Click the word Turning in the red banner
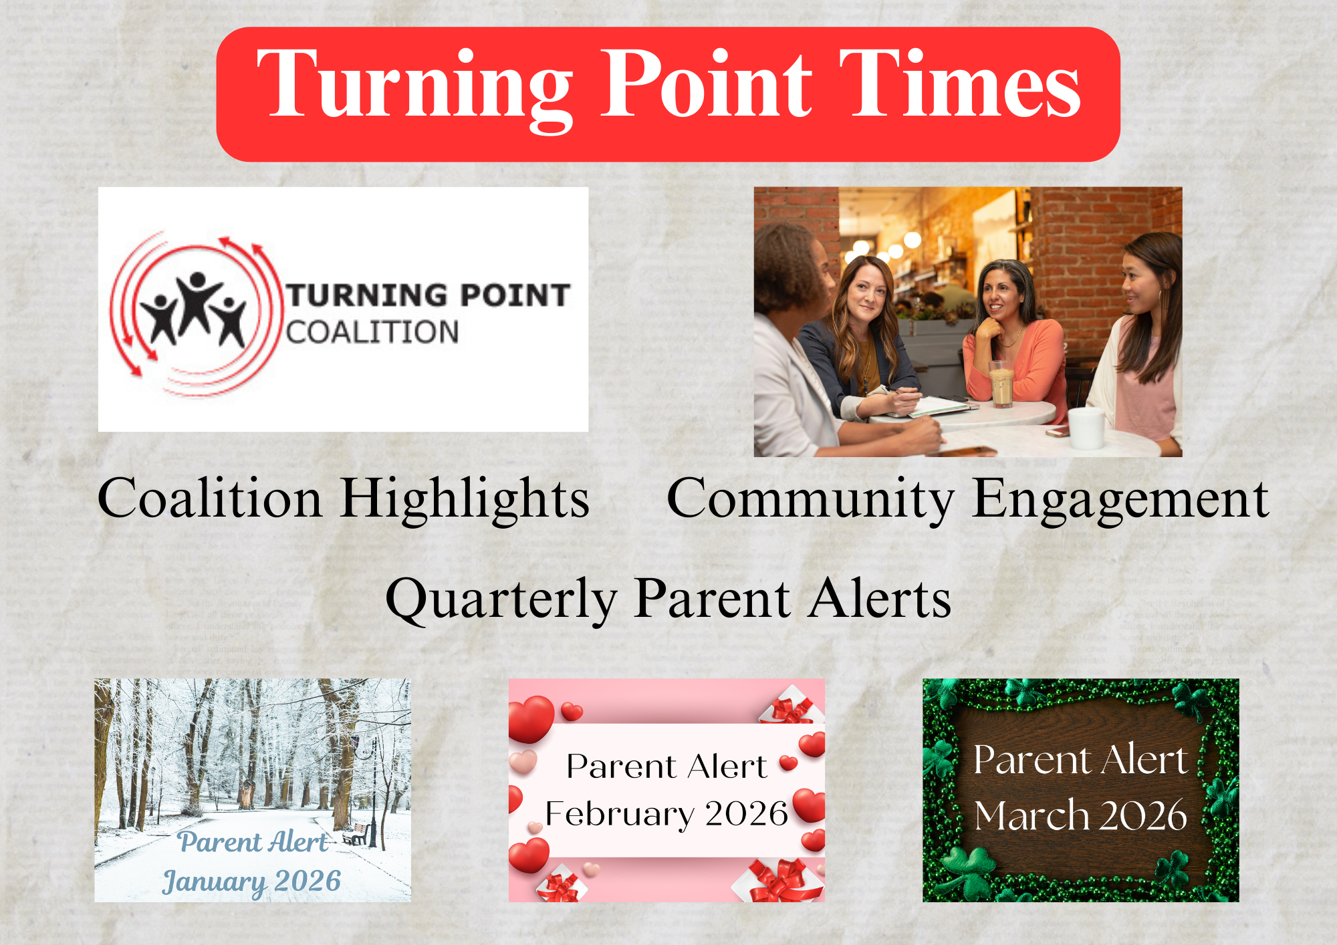(414, 88)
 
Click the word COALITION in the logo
(372, 332)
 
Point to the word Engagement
(1120, 500)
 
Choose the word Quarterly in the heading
(501, 599)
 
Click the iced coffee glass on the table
(1001, 384)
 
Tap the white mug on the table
(1086, 428)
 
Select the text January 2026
(251, 882)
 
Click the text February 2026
(666, 815)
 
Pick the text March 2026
(1080, 816)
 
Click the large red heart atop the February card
(531, 718)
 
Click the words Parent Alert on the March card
(1080, 760)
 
